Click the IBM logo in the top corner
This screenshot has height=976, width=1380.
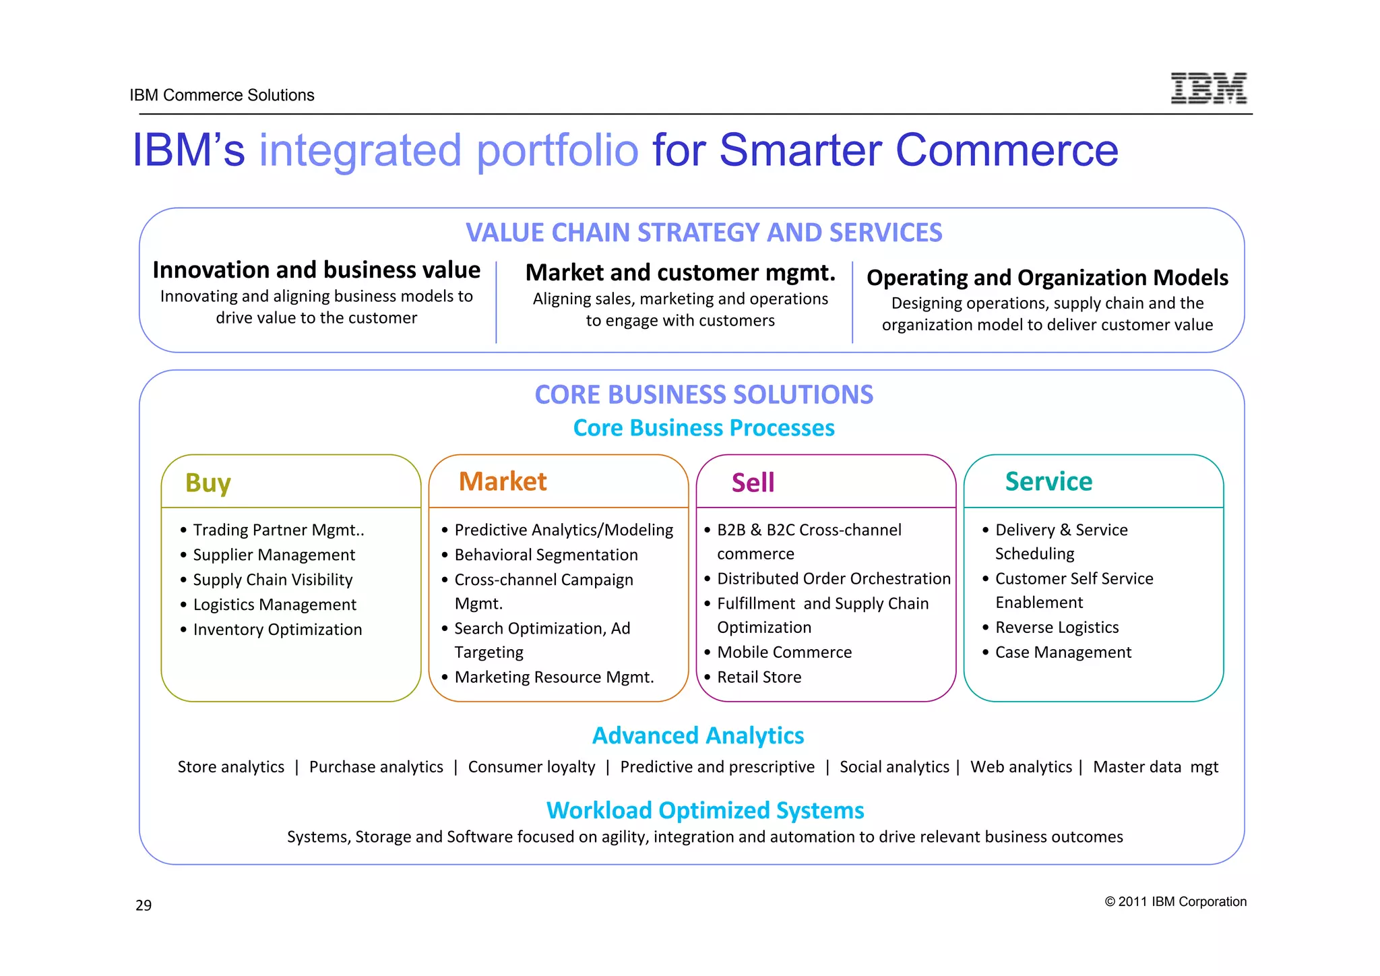click(1208, 88)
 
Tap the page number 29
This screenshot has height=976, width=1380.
click(144, 905)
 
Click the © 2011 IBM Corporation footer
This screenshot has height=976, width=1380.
click(1175, 901)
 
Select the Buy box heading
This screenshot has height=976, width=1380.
click(208, 483)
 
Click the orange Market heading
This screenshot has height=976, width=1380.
click(502, 481)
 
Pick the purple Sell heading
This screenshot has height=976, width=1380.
click(753, 483)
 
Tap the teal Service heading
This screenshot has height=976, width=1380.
click(1048, 481)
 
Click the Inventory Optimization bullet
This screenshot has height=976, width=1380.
click(277, 630)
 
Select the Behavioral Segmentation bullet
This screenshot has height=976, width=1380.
click(546, 555)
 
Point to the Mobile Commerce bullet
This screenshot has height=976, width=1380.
click(784, 652)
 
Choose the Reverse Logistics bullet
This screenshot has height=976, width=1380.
click(1057, 628)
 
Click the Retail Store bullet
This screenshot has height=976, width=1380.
click(759, 677)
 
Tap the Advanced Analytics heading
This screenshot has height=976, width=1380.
click(698, 735)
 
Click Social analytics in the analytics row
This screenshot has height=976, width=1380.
click(893, 767)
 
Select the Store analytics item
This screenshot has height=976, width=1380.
click(230, 767)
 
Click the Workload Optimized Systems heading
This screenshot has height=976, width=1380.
click(705, 810)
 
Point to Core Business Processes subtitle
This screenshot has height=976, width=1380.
click(703, 428)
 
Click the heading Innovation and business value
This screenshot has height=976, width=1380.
click(316, 270)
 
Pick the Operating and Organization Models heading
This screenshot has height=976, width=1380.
click(1047, 278)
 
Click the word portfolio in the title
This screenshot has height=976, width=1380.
click(557, 150)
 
